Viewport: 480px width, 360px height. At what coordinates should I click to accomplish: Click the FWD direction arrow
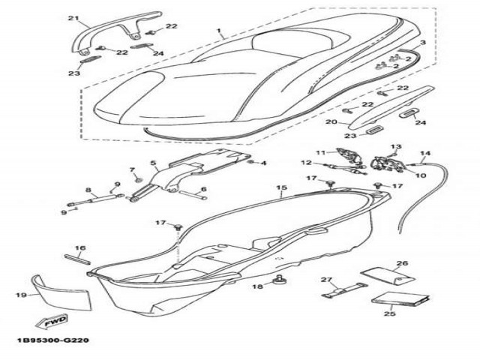52,322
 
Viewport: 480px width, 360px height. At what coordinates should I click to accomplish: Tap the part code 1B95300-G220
53,340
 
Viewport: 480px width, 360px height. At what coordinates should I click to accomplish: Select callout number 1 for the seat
219,31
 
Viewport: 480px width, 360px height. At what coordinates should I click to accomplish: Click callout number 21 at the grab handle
73,18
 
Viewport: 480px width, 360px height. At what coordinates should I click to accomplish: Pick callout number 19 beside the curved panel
21,295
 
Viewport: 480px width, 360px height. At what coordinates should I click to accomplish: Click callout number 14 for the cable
425,153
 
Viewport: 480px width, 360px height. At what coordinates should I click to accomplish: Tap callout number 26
402,263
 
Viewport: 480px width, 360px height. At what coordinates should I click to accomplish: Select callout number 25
390,313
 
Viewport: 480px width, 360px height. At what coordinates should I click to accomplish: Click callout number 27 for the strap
326,280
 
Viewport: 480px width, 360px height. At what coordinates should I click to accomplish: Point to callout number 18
257,286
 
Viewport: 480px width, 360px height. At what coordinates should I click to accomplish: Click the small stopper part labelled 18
279,280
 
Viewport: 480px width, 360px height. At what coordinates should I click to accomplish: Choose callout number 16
80,247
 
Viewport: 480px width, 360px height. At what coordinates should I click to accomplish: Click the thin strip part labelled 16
77,259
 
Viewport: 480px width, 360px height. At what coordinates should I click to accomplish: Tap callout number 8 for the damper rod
88,190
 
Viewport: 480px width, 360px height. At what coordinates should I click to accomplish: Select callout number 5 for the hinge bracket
153,163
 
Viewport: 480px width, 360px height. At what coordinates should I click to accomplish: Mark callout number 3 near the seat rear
423,42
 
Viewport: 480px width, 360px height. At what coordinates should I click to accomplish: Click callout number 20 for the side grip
331,121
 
